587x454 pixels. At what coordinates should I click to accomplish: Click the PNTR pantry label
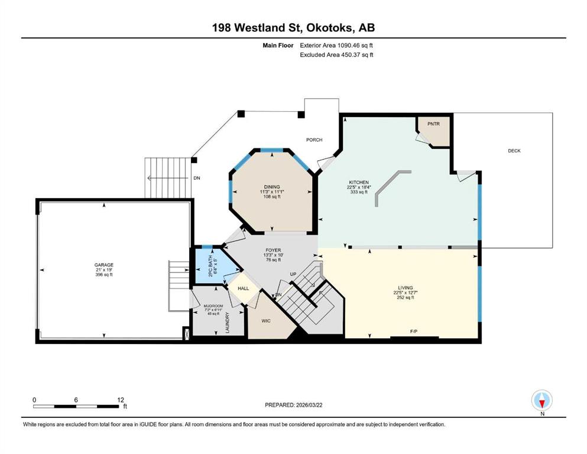point(433,124)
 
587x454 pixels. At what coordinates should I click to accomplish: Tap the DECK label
point(514,151)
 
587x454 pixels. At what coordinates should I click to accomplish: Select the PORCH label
point(314,140)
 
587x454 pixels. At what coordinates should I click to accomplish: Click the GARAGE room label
point(103,265)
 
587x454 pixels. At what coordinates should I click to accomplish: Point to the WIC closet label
point(266,321)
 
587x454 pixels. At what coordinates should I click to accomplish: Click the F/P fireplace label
point(414,331)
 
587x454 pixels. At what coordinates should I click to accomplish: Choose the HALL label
point(244,288)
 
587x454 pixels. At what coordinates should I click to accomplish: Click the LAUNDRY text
point(227,323)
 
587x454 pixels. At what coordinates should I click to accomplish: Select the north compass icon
point(541,400)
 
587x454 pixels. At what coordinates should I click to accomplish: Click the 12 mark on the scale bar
point(120,400)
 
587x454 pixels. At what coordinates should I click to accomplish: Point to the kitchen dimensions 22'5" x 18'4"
point(359,187)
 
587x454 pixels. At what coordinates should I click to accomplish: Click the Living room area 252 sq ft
point(405,297)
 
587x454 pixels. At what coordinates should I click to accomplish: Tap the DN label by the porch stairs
point(196,178)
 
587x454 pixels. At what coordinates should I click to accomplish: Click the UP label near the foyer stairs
point(293,274)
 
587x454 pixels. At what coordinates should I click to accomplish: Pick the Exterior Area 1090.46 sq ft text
point(336,46)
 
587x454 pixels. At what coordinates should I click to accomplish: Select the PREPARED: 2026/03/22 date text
point(293,405)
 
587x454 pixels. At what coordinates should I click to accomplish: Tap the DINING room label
point(272,187)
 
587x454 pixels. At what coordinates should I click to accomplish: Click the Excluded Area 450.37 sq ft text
point(336,54)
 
